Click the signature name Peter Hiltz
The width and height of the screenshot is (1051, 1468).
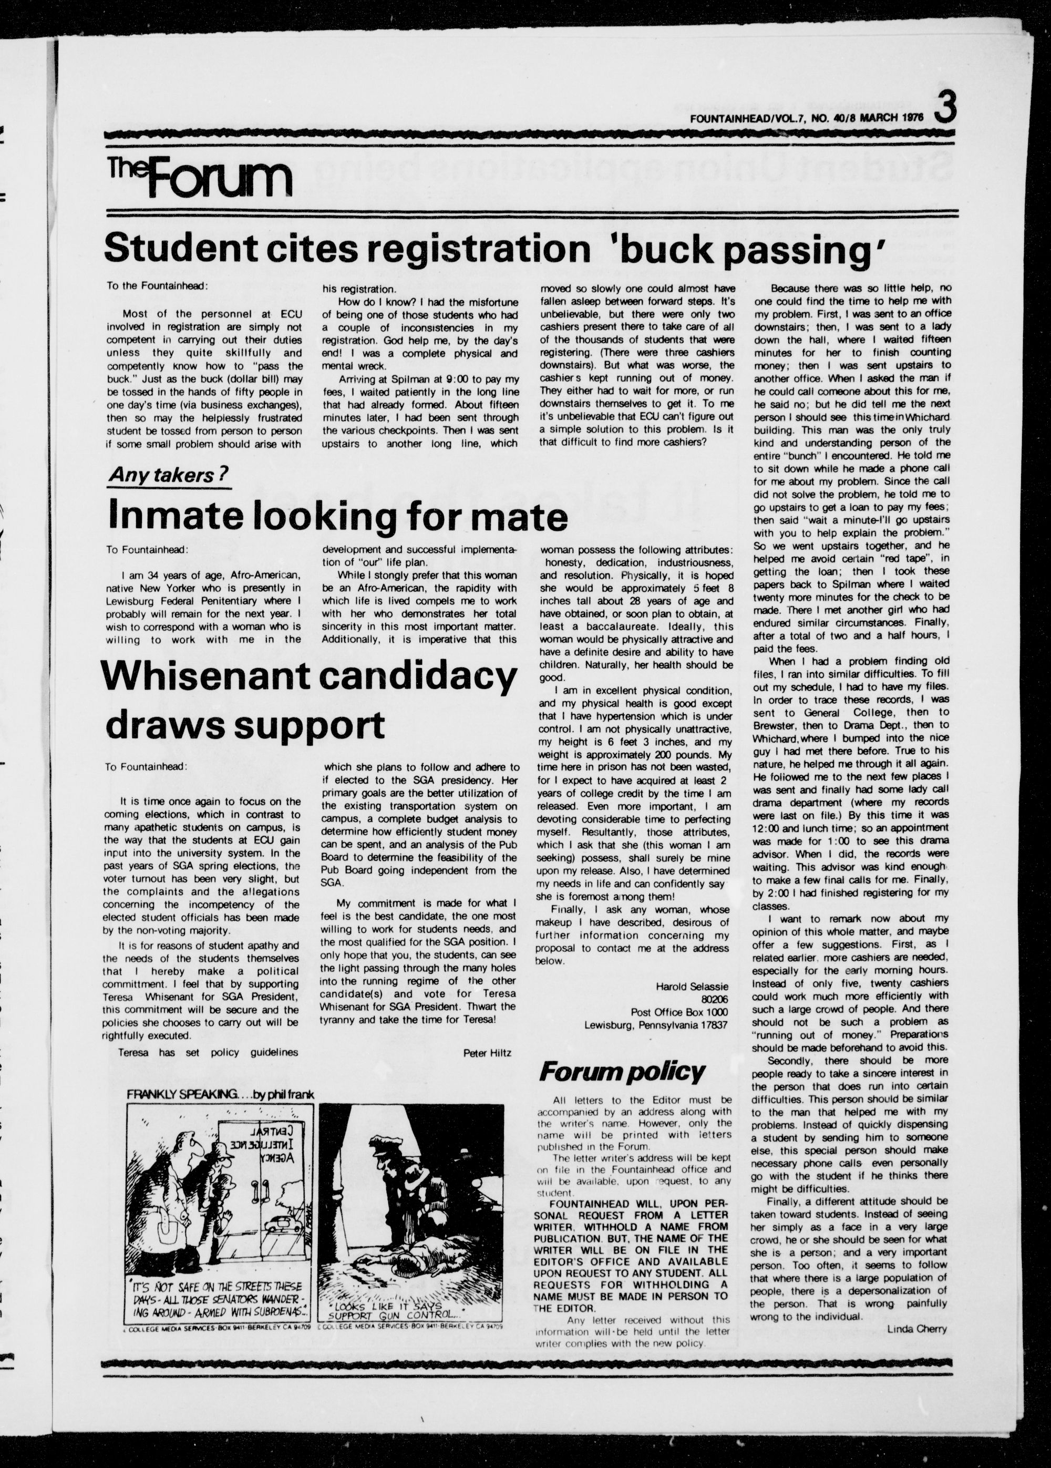point(487,1053)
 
